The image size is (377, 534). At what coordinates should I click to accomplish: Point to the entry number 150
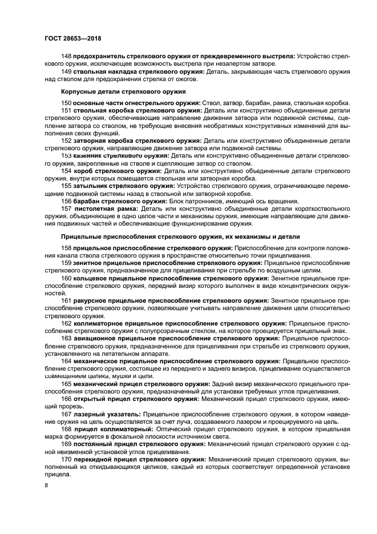pos(66,103)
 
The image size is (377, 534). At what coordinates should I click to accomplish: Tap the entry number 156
pos(66,201)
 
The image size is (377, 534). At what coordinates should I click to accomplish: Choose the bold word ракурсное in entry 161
pos(91,299)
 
